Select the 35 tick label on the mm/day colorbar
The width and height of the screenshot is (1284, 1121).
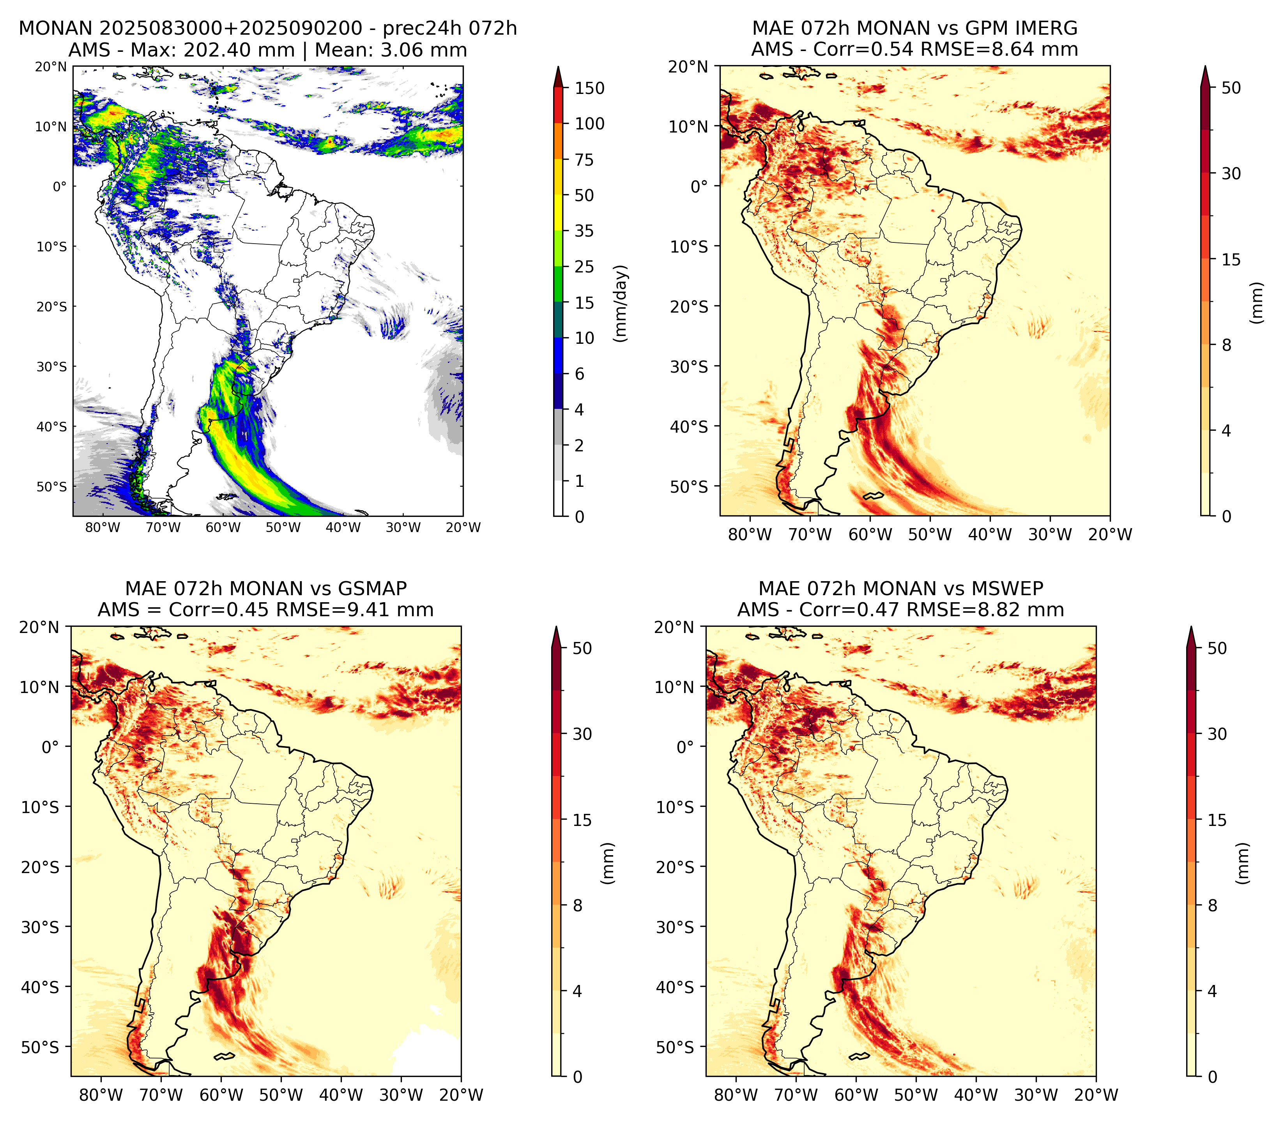coord(584,231)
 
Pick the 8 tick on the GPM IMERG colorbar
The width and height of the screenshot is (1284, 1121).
coord(1226,345)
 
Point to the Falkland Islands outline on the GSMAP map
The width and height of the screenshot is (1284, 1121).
coord(224,1057)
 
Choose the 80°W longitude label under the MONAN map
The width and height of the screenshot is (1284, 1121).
coord(103,527)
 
